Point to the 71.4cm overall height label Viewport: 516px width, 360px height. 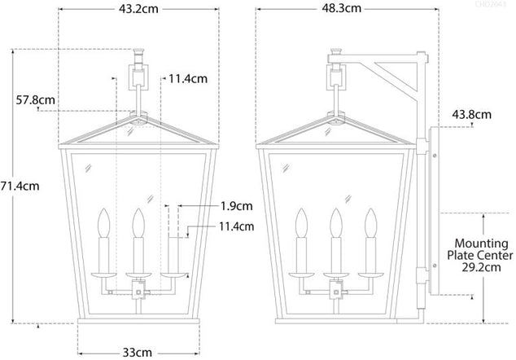tap(20, 186)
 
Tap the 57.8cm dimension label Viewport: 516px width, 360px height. tap(37, 101)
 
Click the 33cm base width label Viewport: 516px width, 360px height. tap(138, 352)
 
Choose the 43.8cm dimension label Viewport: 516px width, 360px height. tap(471, 116)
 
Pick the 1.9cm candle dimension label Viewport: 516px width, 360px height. tap(235, 206)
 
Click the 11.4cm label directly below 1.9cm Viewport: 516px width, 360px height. tap(235, 226)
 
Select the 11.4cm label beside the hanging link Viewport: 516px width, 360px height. tap(190, 79)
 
